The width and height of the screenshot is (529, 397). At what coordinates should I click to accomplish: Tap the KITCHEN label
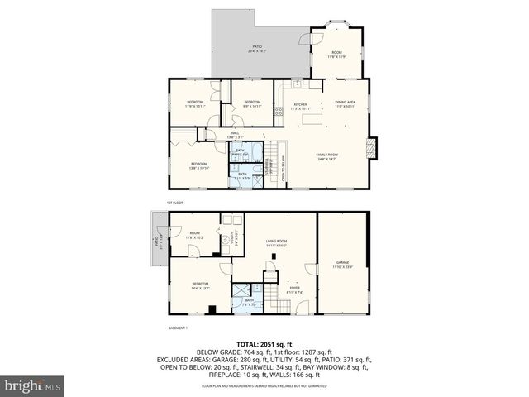(x=300, y=106)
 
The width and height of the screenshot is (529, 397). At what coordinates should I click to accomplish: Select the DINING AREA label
(x=346, y=103)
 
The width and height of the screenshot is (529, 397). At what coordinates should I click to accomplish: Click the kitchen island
(x=312, y=121)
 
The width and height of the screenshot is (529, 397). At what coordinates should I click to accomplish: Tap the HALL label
(x=235, y=135)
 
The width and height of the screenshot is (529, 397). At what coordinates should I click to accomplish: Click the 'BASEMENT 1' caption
(x=179, y=328)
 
